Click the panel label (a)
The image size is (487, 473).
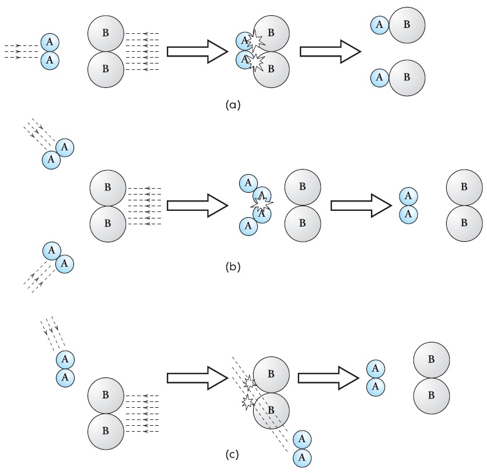click(x=233, y=105)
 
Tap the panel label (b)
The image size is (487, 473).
click(x=233, y=267)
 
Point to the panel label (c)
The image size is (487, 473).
click(x=232, y=455)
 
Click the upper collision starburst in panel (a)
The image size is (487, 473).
click(x=255, y=41)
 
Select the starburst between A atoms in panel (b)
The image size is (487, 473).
click(x=262, y=203)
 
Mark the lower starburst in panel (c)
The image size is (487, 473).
click(x=247, y=402)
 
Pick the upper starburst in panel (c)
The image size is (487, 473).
click(x=250, y=383)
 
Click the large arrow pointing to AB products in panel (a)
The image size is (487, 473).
click(x=330, y=51)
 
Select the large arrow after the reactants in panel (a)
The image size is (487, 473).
click(x=198, y=51)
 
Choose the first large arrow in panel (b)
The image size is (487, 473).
click(x=198, y=205)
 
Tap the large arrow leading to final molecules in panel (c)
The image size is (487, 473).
click(x=328, y=378)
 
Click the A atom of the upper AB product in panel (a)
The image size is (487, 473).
click(x=380, y=25)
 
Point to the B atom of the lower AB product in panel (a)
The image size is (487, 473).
click(x=407, y=77)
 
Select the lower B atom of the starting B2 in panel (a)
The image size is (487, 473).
click(x=106, y=69)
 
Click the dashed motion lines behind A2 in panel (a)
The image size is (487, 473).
click(x=22, y=51)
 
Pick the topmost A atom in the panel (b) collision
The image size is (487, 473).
click(x=248, y=183)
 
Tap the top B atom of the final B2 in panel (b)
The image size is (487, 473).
click(x=464, y=188)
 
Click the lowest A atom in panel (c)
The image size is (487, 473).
click(x=302, y=457)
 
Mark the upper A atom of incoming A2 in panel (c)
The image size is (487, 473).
click(x=65, y=360)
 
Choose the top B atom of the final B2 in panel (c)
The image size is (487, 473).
click(x=432, y=360)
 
